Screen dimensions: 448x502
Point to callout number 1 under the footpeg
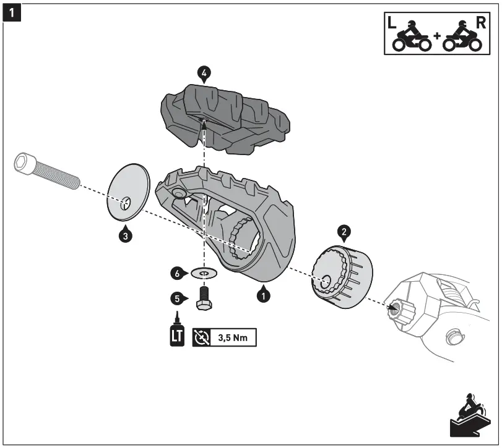264,296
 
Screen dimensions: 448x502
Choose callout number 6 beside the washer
178,272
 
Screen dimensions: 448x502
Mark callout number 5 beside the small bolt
178,298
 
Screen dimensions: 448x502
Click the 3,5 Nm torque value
235,338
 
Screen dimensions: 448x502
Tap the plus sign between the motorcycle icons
437,36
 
